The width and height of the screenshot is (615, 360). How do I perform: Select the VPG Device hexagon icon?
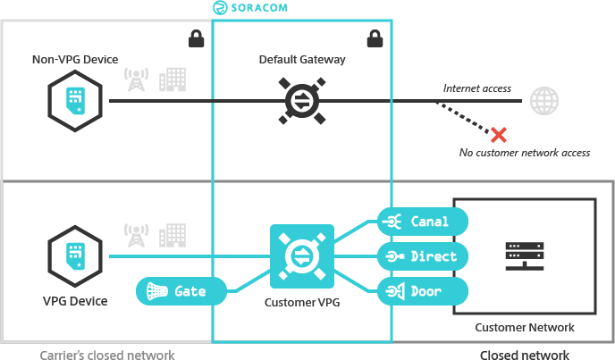pyautogui.click(x=74, y=257)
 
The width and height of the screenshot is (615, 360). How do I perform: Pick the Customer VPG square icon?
pyautogui.click(x=301, y=256)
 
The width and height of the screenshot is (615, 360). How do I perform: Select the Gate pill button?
pyautogui.click(x=181, y=291)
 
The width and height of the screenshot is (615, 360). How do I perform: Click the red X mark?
pyautogui.click(x=499, y=134)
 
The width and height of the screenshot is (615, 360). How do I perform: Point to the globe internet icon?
pyautogui.click(x=543, y=100)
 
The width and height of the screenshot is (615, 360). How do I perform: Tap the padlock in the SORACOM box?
pyautogui.click(x=375, y=39)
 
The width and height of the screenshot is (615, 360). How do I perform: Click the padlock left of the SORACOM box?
pyautogui.click(x=196, y=39)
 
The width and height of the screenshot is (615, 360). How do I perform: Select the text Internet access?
pyautogui.click(x=476, y=88)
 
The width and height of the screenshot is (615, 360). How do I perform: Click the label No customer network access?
pyautogui.click(x=524, y=153)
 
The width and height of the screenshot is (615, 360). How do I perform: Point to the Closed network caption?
pyautogui.click(x=524, y=355)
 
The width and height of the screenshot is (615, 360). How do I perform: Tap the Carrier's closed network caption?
pyautogui.click(x=107, y=355)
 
